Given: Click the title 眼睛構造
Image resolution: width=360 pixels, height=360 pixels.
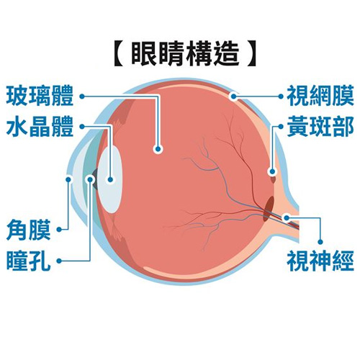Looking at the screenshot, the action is (x=185, y=55).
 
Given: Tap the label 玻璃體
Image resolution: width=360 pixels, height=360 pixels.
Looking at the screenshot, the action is (x=40, y=96).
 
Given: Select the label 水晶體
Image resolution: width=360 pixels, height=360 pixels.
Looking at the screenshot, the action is (x=40, y=127).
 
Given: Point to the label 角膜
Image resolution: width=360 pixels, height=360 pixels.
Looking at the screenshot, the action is (x=29, y=230).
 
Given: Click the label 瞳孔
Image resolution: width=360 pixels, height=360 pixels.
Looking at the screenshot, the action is (x=29, y=261).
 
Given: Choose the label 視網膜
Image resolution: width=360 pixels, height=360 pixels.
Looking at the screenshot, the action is (x=320, y=96).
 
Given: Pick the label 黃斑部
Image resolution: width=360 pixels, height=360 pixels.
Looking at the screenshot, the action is (x=320, y=126).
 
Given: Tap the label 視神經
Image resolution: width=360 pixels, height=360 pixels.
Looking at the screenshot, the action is (x=320, y=261).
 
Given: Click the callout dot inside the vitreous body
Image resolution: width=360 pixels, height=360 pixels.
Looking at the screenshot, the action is (x=158, y=149).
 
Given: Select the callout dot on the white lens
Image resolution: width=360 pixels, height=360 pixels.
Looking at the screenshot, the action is (x=110, y=179).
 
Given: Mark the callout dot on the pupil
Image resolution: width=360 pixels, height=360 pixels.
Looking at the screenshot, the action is (x=91, y=179).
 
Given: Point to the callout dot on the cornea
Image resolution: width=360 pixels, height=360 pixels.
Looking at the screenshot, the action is (x=69, y=179).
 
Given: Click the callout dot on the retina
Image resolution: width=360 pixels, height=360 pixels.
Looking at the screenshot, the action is (x=233, y=96).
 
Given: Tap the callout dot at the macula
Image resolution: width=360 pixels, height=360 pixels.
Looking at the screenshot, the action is (x=272, y=171).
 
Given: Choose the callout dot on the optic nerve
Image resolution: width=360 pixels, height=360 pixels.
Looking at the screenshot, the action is (x=287, y=218).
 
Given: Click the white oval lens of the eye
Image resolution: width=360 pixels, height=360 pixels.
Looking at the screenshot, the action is (x=111, y=179).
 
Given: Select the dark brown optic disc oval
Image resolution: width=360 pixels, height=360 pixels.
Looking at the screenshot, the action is (x=269, y=208).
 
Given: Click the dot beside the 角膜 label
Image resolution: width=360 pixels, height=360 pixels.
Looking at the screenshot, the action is (x=59, y=230).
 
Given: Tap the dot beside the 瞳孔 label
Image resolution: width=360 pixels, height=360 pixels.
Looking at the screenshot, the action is (x=59, y=261).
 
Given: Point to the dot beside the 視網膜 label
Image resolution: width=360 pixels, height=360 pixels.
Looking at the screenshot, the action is (x=281, y=96).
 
